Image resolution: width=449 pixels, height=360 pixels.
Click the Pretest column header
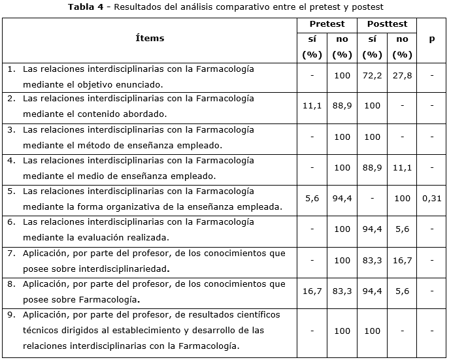point(327,24)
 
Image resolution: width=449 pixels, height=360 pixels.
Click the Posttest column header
point(387,24)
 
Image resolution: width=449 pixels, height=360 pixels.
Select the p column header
point(431,39)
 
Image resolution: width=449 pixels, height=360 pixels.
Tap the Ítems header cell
point(150,39)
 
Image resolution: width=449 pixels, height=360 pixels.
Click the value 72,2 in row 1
point(372,76)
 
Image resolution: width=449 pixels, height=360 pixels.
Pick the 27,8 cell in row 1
point(402,76)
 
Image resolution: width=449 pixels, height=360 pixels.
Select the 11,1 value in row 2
point(312,106)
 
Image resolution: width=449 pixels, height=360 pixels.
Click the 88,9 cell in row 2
point(342,106)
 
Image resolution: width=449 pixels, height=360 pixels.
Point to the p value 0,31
point(431,199)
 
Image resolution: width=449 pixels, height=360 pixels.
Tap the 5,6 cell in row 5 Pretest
point(312,199)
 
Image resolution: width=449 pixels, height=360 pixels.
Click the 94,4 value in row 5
point(342,199)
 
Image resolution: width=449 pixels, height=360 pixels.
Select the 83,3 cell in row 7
point(372,260)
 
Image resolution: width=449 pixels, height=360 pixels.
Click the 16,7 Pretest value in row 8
point(312,291)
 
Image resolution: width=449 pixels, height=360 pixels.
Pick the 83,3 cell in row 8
point(342,291)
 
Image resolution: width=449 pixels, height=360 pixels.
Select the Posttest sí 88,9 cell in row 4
point(372,168)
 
